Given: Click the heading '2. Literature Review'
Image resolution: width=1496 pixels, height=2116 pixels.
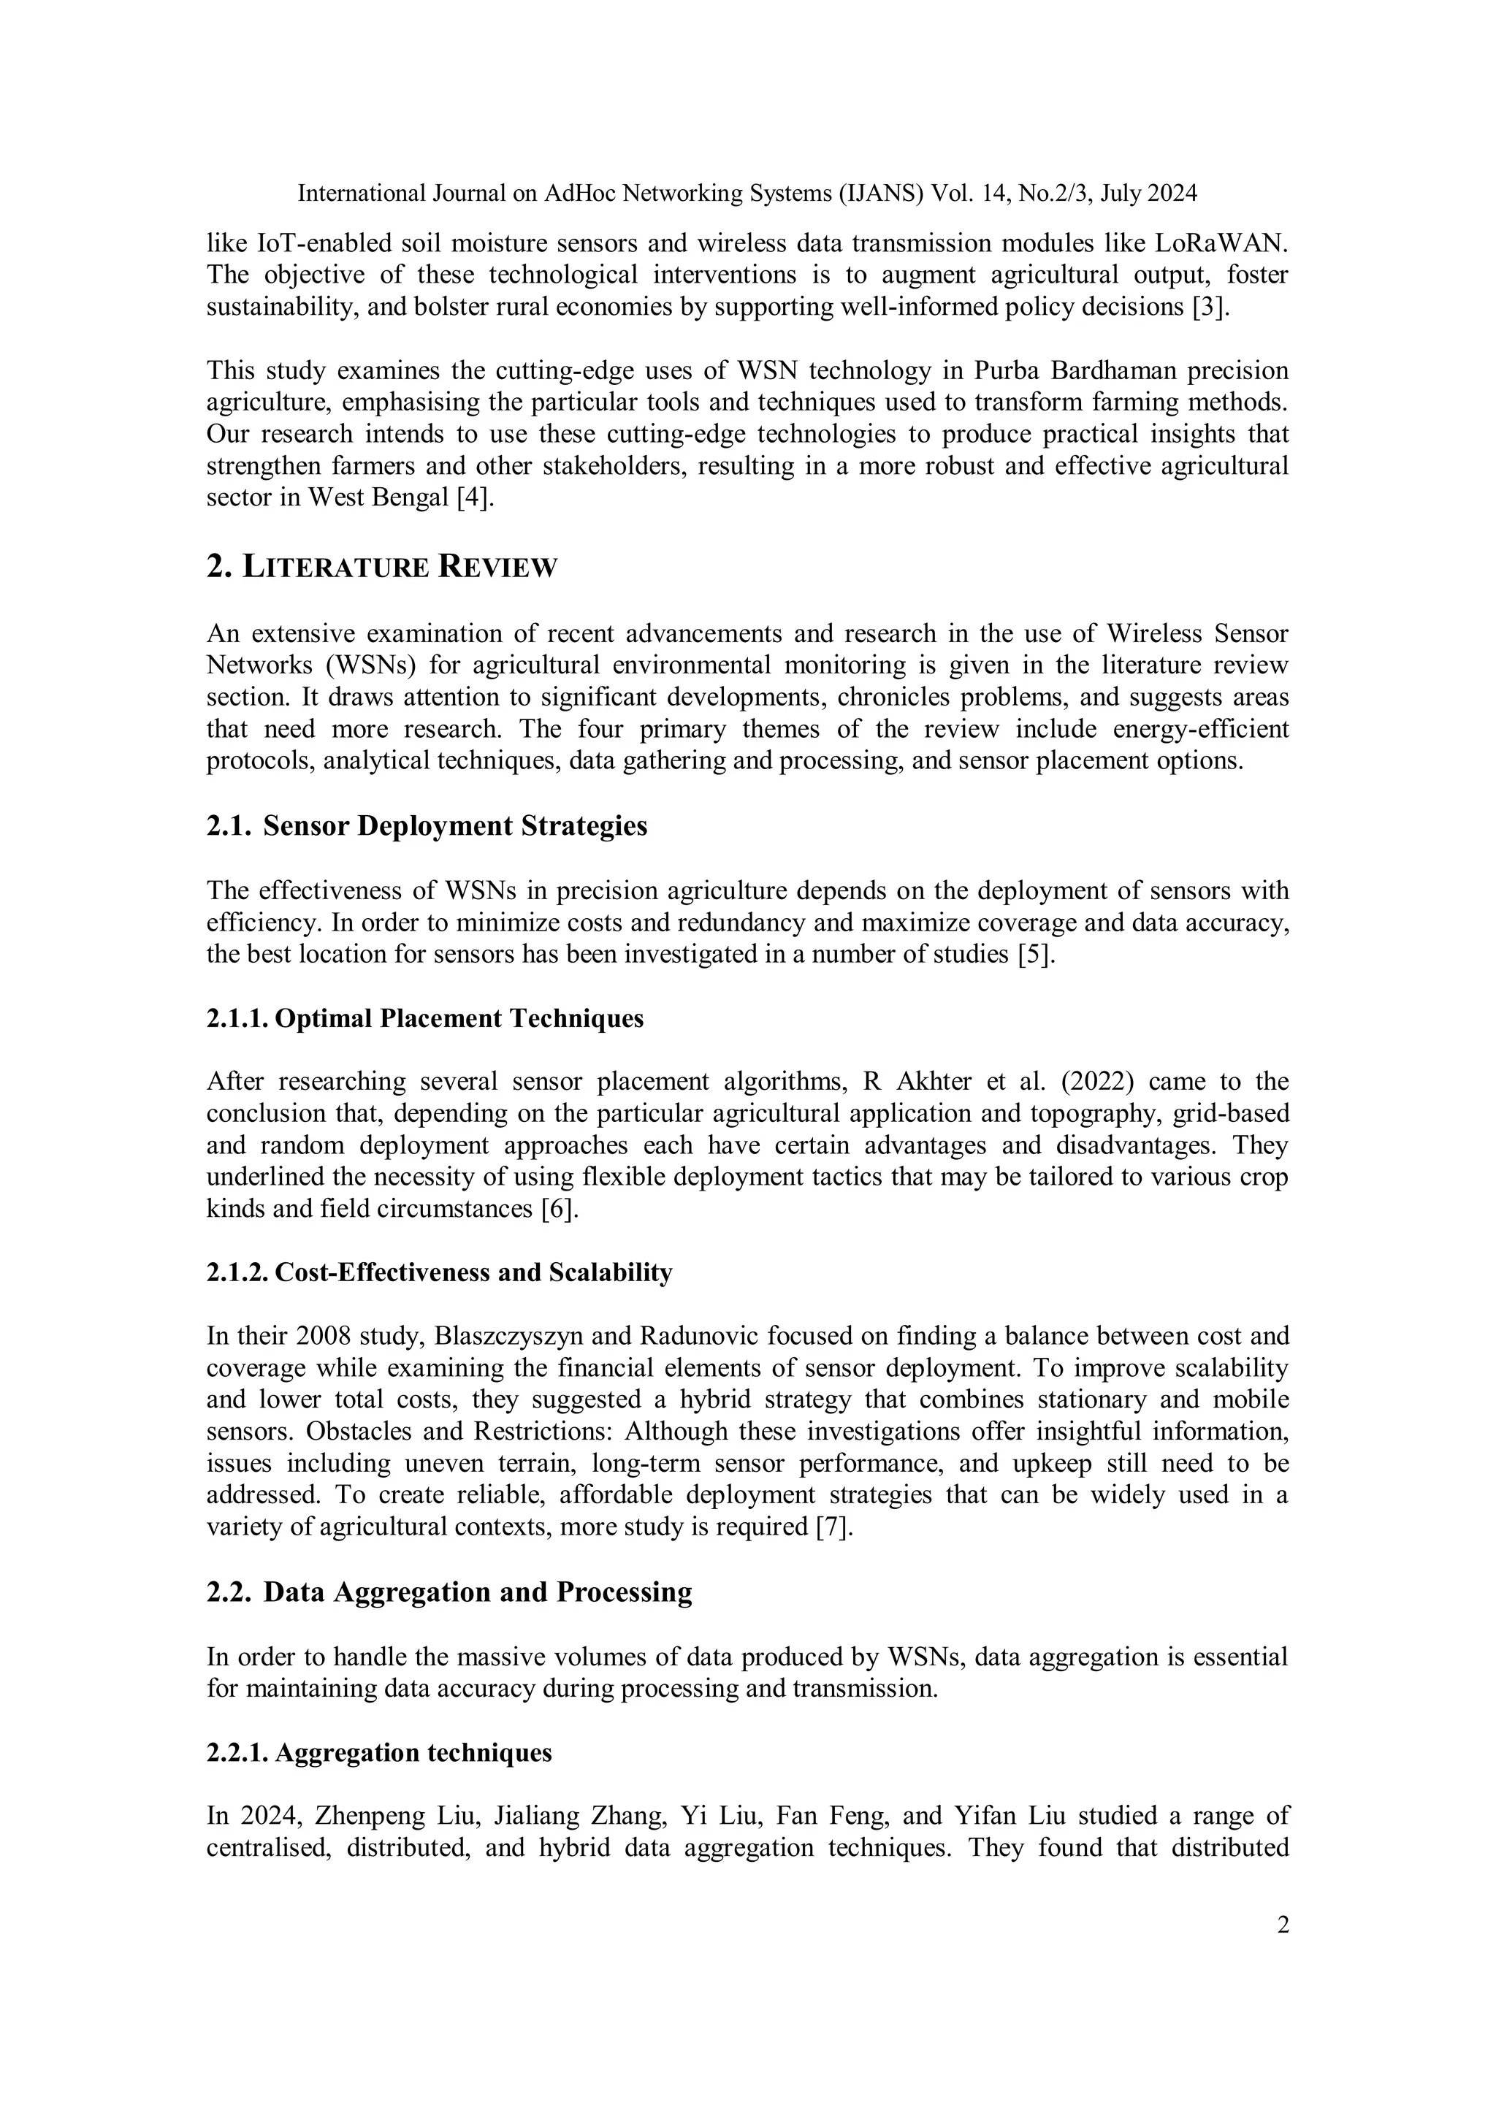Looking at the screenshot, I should pyautogui.click(x=381, y=567).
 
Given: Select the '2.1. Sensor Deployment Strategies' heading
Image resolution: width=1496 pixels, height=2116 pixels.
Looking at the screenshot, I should pyautogui.click(x=427, y=826).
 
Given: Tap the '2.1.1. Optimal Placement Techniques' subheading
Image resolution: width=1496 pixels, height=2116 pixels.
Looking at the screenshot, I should pyautogui.click(x=425, y=1018).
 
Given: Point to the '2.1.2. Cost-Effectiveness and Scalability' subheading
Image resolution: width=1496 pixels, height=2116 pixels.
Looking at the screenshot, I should pyautogui.click(x=440, y=1272).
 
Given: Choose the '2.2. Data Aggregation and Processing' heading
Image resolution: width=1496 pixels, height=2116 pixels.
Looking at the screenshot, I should pyautogui.click(x=449, y=1592).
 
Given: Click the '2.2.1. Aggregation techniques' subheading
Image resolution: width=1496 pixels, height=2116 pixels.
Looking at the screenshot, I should pyautogui.click(x=379, y=1752).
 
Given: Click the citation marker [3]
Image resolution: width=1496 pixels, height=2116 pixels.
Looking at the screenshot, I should pyautogui.click(x=1211, y=307).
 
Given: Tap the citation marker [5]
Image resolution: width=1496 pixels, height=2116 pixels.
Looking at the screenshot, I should pyautogui.click(x=1035, y=954).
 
